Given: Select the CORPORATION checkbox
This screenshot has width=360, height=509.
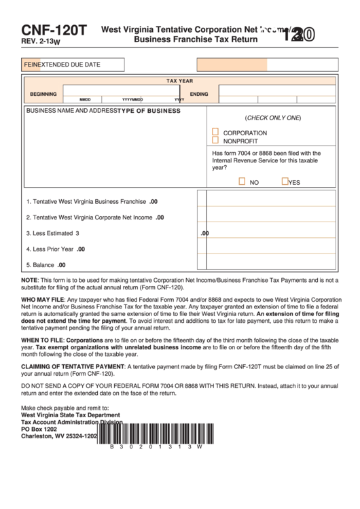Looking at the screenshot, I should (215, 132).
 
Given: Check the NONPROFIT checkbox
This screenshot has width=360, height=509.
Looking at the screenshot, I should (215, 141).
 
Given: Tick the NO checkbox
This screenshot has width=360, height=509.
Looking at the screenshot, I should (242, 181).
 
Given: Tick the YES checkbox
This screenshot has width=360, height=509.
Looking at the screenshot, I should (285, 181).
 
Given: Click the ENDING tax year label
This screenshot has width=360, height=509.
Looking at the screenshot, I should (199, 94).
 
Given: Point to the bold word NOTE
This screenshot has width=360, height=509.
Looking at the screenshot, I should (29, 280).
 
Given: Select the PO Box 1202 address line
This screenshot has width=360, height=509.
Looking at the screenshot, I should (40, 429).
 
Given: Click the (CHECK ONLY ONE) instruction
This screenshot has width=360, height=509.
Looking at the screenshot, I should (273, 118).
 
